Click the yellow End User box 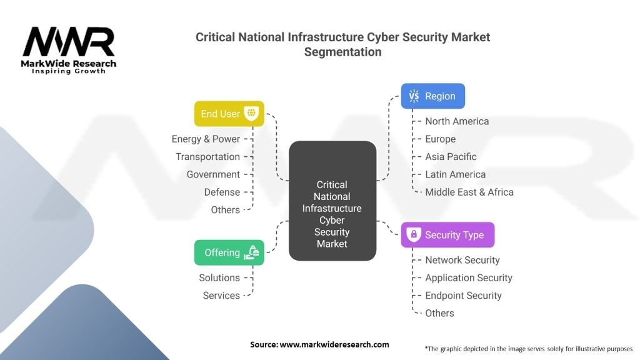click(229, 114)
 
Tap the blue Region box click(432, 96)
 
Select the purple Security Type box click(447, 235)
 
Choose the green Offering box click(229, 252)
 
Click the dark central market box click(332, 201)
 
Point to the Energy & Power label click(206, 139)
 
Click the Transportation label click(207, 156)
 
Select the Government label click(213, 174)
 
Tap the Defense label click(222, 192)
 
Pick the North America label click(457, 121)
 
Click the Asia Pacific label click(451, 157)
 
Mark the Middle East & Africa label click(469, 192)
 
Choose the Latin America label click(455, 174)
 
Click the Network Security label click(462, 260)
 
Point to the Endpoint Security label click(463, 295)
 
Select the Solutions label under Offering click(219, 277)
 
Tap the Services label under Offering click(221, 295)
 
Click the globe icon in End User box click(251, 114)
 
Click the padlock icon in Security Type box click(412, 235)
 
